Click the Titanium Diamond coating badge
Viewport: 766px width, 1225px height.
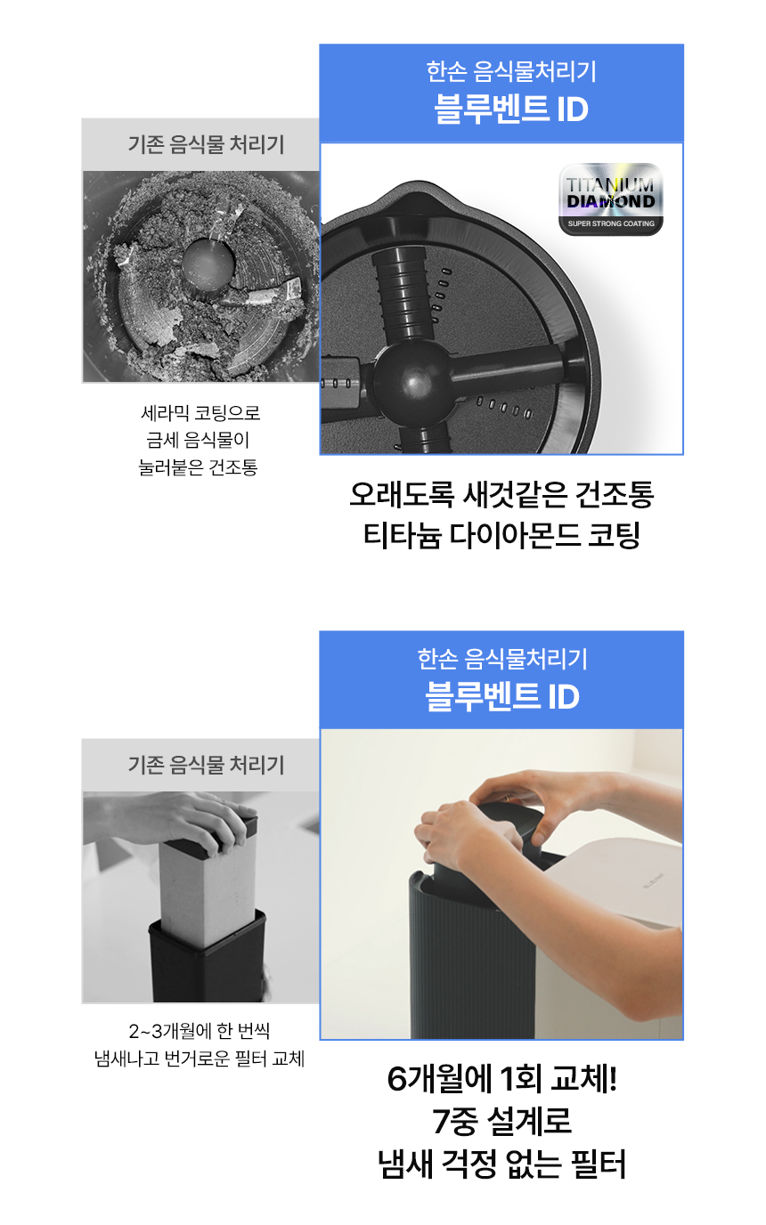pos(611,199)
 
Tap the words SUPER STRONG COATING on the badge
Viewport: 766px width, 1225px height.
pos(611,223)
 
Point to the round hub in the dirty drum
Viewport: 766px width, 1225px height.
pos(208,262)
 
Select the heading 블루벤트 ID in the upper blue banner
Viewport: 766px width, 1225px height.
pos(511,110)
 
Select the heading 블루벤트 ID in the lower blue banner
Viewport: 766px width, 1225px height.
pos(502,697)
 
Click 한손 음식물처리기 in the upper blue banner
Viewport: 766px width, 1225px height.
pos(511,71)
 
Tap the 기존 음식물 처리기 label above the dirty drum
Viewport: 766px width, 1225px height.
pos(207,144)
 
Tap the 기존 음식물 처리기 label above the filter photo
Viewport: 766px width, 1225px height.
pos(207,765)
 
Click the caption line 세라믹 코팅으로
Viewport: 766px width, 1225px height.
pos(200,412)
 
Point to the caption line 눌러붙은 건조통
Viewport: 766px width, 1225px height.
pos(198,467)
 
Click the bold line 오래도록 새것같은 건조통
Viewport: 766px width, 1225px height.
pos(501,494)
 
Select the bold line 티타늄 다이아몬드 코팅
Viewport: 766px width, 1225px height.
pos(501,535)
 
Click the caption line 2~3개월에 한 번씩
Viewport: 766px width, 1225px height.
pos(200,1031)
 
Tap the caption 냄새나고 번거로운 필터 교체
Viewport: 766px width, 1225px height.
pos(200,1059)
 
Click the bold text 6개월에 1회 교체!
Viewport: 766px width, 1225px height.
pos(501,1080)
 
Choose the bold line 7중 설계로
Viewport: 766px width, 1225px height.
pos(501,1121)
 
